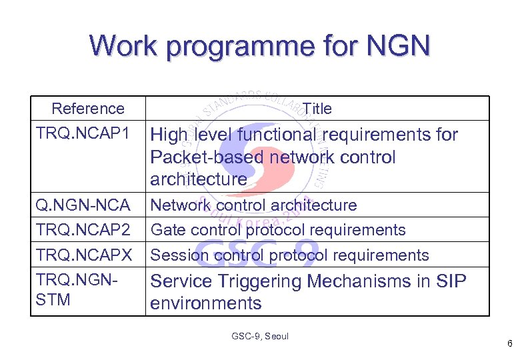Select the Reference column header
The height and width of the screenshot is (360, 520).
pos(87,109)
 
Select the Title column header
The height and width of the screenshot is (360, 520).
pos(317,109)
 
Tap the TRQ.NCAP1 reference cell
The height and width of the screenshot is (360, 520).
pos(83,133)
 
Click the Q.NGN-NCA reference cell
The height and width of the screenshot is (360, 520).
pos(82,205)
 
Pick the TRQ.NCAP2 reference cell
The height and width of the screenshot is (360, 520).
pos(83,230)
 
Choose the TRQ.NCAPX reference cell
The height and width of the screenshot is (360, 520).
pos(84,255)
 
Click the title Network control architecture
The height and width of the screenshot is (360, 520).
pos(254,205)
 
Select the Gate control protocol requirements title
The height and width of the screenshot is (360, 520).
pos(278,230)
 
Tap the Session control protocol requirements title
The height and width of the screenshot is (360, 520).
pos(289,255)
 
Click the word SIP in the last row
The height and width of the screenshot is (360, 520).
pos(451,281)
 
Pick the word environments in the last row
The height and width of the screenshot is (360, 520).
pos(205,303)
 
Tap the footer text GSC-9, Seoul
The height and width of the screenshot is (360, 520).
pos(260,337)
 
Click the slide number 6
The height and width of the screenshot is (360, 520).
pos(509,345)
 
